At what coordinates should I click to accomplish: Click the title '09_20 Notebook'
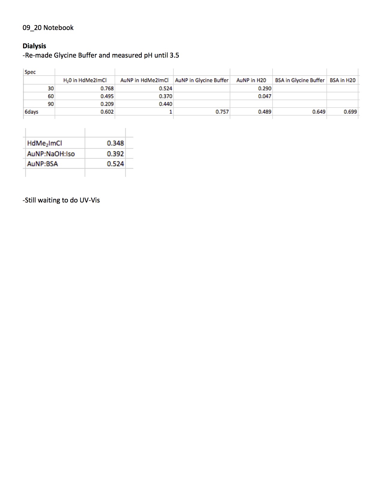click(x=48, y=28)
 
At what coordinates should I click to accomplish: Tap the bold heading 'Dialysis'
click(x=34, y=46)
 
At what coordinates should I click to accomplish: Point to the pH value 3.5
click(x=174, y=55)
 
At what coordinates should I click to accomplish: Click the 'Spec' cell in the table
click(x=30, y=72)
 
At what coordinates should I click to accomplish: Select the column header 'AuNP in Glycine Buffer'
click(x=202, y=80)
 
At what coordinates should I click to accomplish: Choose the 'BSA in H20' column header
click(x=342, y=80)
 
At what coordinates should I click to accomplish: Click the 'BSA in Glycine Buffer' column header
click(x=300, y=80)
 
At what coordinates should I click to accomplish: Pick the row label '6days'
click(x=31, y=112)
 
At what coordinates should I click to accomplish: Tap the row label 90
click(x=51, y=104)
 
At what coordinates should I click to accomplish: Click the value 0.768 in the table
click(x=107, y=88)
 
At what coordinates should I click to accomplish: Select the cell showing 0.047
click(x=265, y=96)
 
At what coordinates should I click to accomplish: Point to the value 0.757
click(x=222, y=112)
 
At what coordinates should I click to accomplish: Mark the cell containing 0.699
click(x=350, y=112)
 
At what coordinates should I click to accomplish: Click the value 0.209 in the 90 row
click(x=107, y=104)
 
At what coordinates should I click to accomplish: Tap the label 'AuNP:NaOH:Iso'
click(x=51, y=154)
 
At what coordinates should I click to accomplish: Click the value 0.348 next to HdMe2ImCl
click(x=115, y=143)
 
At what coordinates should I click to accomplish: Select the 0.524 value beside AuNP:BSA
click(x=115, y=164)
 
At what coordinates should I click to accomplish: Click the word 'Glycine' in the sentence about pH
click(x=65, y=55)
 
